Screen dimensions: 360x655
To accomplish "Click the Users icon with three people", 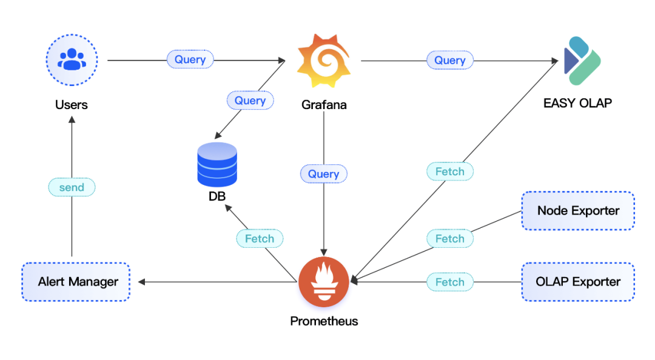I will [x=72, y=59].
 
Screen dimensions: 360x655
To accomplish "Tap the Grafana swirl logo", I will [x=324, y=61].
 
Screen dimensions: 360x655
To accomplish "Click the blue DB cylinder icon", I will [x=217, y=164].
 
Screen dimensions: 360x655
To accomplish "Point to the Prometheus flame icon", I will [x=324, y=282].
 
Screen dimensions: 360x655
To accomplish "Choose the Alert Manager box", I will [x=76, y=282].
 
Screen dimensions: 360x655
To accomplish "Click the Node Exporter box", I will [x=578, y=211].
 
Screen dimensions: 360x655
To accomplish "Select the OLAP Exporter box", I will [x=578, y=282].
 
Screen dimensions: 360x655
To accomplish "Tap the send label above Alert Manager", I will [x=72, y=187].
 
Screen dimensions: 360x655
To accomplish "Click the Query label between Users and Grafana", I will [x=190, y=59].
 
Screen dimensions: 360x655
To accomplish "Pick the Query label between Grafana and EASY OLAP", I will [x=449, y=60].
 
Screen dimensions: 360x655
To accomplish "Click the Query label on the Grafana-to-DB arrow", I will [x=250, y=100].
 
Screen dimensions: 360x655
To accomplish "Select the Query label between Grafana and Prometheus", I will [x=323, y=174].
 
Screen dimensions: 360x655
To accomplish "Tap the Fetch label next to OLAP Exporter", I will [x=449, y=282].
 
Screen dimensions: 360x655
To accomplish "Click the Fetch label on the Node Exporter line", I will [x=449, y=239].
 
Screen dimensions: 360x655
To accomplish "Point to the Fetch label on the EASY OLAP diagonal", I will [x=449, y=172].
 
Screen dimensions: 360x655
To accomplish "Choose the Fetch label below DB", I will [x=260, y=239].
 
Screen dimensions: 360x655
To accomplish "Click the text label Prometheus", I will [x=324, y=321].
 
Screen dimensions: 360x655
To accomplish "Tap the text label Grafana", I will [x=324, y=105].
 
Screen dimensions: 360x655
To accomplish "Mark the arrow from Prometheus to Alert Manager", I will [x=218, y=282].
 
